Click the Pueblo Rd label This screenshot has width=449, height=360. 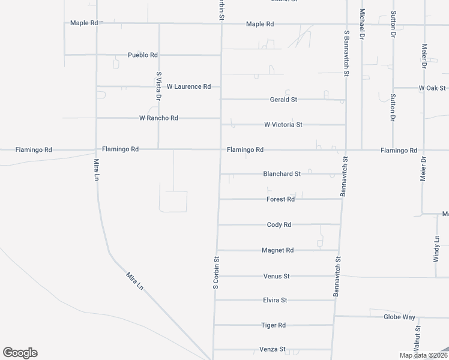click(142, 55)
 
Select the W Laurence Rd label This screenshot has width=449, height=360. click(188, 86)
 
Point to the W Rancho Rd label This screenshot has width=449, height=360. click(158, 118)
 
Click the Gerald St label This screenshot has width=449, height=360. click(284, 100)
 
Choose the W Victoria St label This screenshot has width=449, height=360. click(283, 125)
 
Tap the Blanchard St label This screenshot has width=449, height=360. click(282, 174)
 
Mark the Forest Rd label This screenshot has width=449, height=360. click(280, 199)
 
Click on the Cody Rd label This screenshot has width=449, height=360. click(279, 225)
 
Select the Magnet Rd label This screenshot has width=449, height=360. click(278, 250)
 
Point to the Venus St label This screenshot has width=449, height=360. click(277, 276)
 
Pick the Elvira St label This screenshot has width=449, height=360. click(276, 300)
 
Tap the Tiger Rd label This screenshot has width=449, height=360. click(274, 325)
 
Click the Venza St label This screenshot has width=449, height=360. click(272, 349)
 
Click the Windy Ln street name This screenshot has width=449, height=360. click(437, 247)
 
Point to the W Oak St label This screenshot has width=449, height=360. click(433, 88)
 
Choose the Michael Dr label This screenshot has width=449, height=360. click(363, 22)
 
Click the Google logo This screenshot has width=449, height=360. click(20, 353)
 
